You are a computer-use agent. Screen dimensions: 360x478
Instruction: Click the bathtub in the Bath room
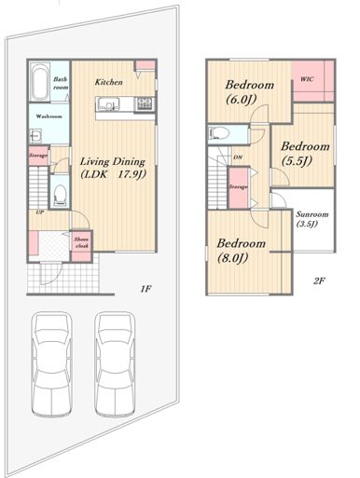click(40, 82)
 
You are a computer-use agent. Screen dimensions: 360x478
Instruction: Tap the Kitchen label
click(108, 82)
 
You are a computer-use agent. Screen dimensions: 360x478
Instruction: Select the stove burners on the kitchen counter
click(145, 103)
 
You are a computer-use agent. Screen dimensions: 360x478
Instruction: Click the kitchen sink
click(108, 103)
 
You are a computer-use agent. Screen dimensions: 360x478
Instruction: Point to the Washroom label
click(49, 116)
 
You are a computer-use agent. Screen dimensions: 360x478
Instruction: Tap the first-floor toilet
click(60, 195)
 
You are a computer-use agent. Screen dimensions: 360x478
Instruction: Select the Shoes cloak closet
click(81, 245)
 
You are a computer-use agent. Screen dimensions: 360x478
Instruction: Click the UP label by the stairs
click(39, 212)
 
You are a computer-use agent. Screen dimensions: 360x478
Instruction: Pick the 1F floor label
click(145, 289)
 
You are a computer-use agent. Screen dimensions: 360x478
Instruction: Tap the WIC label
click(307, 79)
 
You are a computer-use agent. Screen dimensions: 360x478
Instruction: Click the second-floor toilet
click(218, 134)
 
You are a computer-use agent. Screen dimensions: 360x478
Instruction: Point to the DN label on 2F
click(238, 157)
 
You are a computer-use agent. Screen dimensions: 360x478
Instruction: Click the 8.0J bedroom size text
click(232, 257)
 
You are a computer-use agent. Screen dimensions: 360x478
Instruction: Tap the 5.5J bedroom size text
click(297, 160)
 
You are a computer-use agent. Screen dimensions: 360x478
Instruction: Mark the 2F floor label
click(319, 281)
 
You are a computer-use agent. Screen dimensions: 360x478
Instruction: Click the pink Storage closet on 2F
click(239, 187)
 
